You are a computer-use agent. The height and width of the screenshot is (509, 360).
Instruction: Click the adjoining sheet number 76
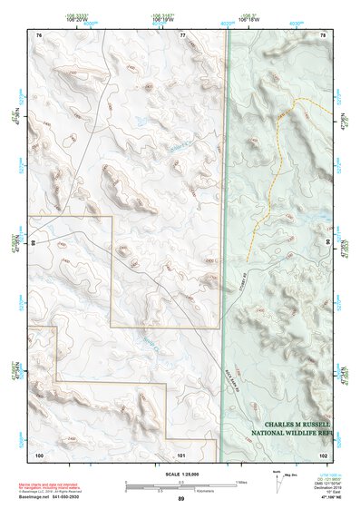coord(39,34)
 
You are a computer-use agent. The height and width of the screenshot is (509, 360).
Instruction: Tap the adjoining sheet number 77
coord(182,34)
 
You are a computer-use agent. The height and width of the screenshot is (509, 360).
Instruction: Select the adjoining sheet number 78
coord(323,34)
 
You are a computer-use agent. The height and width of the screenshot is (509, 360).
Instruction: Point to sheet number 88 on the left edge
coord(34,244)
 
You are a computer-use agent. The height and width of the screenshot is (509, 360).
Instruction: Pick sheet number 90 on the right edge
coord(326,244)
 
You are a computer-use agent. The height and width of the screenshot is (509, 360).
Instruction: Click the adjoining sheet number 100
coord(39,453)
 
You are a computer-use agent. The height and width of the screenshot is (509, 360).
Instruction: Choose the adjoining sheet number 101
coord(181,453)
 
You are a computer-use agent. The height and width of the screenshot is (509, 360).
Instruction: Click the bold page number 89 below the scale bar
coord(181,500)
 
